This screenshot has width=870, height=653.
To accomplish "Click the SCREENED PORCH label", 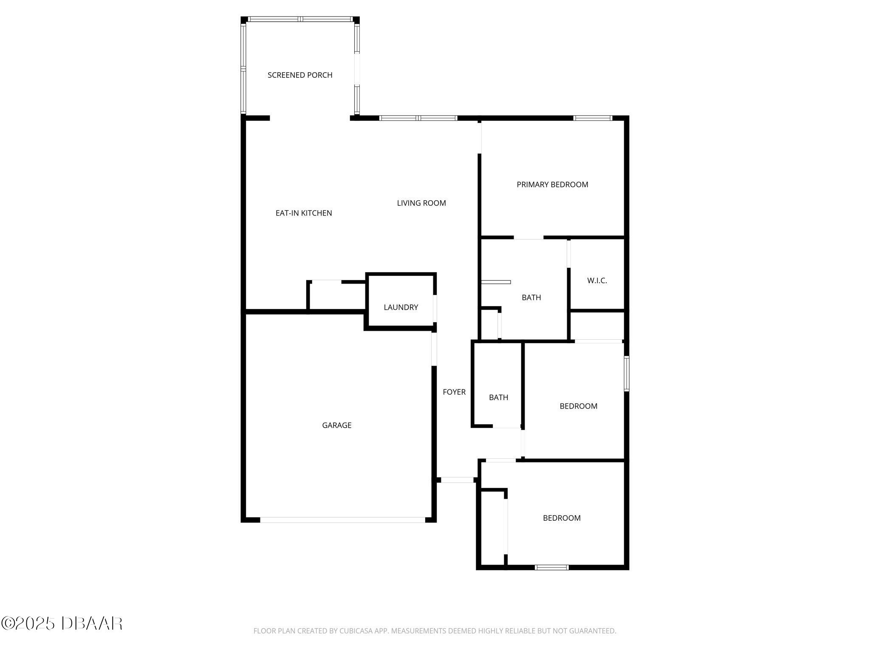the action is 300,75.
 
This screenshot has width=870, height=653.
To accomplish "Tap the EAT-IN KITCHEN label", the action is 304,213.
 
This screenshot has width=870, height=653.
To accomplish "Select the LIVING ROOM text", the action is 421,203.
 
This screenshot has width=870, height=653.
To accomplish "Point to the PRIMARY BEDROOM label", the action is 552,185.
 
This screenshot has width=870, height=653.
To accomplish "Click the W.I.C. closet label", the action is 597,281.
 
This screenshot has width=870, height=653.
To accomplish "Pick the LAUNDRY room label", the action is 401,307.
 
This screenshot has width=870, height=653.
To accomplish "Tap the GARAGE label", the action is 337,425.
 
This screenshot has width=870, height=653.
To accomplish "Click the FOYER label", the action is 454,392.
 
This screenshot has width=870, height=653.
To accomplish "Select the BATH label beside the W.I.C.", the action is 531,298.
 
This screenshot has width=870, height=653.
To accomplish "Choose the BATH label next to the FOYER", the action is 498,397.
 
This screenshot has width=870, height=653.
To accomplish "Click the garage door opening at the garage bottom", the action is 342,520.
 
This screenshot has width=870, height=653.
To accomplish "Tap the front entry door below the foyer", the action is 457,480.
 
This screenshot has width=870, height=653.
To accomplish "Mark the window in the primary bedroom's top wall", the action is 593,118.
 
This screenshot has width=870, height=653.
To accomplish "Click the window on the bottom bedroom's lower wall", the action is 551,567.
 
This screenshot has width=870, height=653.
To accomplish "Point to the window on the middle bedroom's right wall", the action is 627,373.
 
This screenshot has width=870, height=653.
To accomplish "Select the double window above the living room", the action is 418,118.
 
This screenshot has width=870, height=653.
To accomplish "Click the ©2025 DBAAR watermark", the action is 62,624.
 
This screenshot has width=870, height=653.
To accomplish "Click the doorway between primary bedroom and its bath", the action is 528,238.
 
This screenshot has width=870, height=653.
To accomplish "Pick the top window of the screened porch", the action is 300,19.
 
